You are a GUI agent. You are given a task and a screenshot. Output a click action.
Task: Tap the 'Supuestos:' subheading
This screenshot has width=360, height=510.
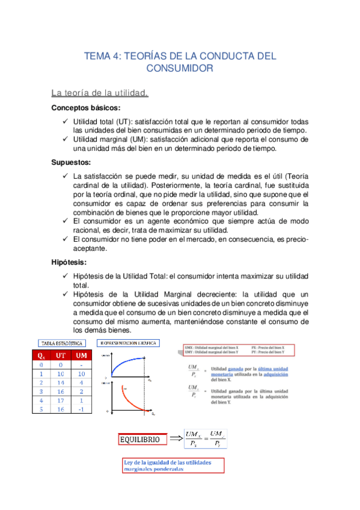pyautogui.click(x=71, y=162)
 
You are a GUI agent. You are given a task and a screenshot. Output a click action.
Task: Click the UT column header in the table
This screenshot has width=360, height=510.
pyautogui.click(x=60, y=355)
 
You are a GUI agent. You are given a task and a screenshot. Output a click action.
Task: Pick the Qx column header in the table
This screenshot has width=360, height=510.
pyautogui.click(x=41, y=355)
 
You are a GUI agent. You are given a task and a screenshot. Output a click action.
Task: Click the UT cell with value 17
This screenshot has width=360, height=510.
pyautogui.click(x=60, y=400)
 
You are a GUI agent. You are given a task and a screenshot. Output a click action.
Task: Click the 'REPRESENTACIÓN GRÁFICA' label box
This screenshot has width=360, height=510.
pyautogui.click(x=129, y=342)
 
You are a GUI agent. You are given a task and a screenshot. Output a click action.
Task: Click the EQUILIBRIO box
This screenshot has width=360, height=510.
pyautogui.click(x=139, y=440)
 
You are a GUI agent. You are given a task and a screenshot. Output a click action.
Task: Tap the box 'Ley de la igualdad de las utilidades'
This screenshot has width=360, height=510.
pyautogui.click(x=173, y=465)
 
